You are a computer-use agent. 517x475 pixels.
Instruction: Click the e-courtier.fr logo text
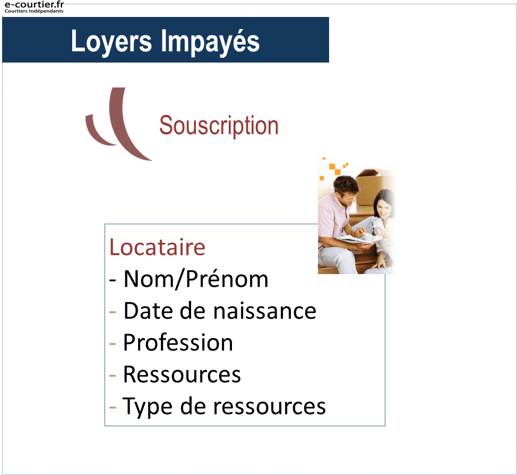click(34, 5)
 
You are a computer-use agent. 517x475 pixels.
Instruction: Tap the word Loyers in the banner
click(111, 41)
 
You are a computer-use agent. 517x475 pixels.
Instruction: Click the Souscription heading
click(219, 126)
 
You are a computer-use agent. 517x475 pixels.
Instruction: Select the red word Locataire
click(157, 247)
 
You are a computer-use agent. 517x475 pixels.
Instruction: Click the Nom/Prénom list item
click(196, 279)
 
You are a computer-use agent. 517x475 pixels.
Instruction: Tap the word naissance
click(265, 311)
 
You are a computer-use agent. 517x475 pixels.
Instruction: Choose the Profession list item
click(178, 342)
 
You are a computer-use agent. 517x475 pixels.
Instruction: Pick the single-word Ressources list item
click(182, 374)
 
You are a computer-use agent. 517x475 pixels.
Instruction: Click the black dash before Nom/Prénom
click(113, 280)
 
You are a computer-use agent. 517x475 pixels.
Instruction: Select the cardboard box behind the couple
click(374, 187)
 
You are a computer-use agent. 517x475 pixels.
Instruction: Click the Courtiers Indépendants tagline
click(34, 11)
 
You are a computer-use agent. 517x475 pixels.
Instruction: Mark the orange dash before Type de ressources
click(113, 408)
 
